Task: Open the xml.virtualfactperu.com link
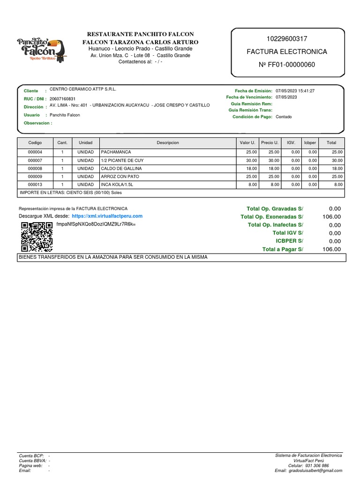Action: coord(107,216)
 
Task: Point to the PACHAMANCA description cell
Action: coord(116,152)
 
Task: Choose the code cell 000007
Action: coord(35,160)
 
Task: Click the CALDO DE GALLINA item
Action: coord(121,168)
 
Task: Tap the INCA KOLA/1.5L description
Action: coord(118,184)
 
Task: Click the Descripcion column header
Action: coord(167,142)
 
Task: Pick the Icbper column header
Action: coord(310,142)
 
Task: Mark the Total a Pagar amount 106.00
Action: coord(331,249)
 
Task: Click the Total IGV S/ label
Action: coord(288,233)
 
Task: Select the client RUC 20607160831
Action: coord(62,99)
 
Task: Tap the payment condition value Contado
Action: coord(284,117)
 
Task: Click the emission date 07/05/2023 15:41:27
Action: coord(295,90)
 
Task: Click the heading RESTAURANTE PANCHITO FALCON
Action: coord(141,35)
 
